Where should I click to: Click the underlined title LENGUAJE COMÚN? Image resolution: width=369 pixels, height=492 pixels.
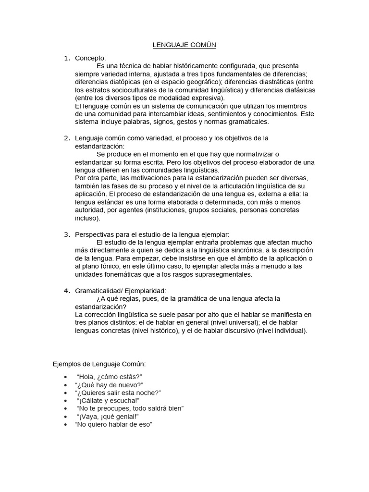(x=184, y=45)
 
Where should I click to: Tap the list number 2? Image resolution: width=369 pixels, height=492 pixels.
(x=67, y=138)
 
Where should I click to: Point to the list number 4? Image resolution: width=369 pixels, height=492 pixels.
(x=67, y=291)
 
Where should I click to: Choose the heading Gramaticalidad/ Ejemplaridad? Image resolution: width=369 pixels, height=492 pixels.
(x=121, y=291)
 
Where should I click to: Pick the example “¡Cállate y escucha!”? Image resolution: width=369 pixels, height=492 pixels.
(x=108, y=400)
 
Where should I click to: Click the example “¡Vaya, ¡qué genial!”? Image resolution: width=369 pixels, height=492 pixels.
(x=108, y=417)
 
